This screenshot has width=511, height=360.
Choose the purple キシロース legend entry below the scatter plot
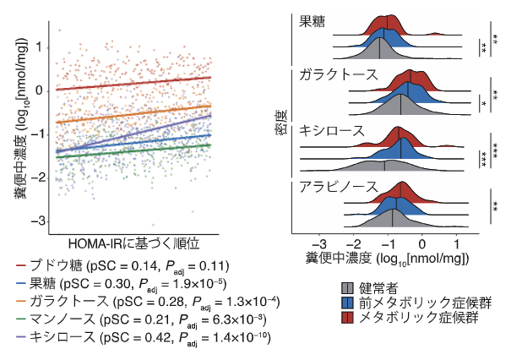click(144, 336)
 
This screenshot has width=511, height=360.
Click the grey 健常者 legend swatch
click(346, 286)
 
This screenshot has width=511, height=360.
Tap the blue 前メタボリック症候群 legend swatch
click(346, 302)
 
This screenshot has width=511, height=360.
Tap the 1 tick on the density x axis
click(457, 240)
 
